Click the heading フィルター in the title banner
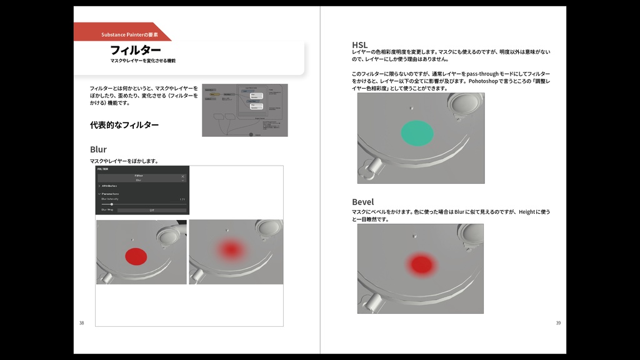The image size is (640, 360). (136, 50)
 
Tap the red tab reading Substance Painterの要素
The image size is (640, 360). (129, 34)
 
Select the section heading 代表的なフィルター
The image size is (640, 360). (124, 125)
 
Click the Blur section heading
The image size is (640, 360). (98, 149)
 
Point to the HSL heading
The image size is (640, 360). (359, 44)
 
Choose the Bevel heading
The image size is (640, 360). (362, 202)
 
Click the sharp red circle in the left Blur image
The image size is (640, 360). (136, 256)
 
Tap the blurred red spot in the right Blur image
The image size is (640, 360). (231, 250)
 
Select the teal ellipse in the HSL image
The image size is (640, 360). (417, 132)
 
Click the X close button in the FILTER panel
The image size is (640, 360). (183, 177)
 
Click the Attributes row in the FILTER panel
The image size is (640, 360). (109, 186)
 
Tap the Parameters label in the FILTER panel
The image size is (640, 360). (111, 194)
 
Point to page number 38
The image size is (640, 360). (81, 322)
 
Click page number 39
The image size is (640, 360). (558, 322)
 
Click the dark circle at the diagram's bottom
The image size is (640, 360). (251, 134)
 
